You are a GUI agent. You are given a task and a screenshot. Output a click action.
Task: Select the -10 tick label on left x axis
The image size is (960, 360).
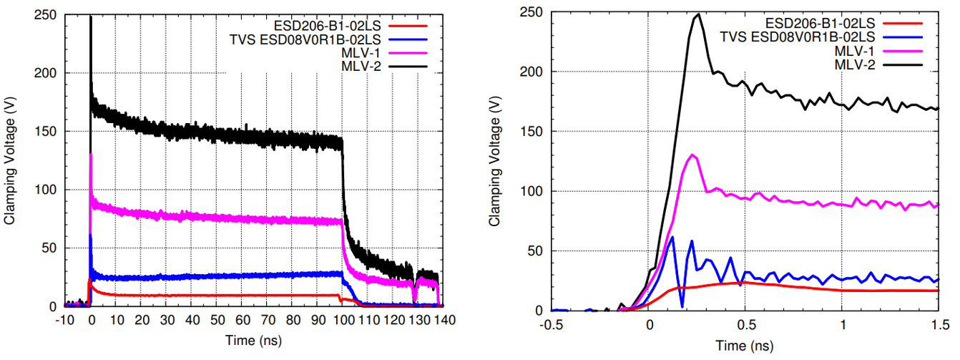(64, 321)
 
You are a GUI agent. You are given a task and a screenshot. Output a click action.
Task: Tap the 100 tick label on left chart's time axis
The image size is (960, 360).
(342, 321)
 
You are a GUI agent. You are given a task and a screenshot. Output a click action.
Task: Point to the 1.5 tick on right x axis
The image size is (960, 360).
(937, 325)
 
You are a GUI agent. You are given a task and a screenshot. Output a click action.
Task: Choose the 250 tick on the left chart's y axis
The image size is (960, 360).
(46, 14)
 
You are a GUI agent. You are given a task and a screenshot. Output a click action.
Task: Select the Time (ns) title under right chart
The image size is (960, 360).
(744, 346)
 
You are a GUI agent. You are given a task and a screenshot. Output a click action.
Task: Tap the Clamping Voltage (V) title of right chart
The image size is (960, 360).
(494, 162)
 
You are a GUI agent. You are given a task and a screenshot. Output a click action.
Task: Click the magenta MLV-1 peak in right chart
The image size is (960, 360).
(691, 155)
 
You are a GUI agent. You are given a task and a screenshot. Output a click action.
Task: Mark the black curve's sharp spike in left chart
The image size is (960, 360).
(90, 18)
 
